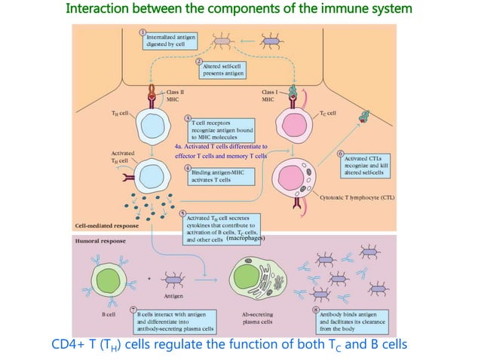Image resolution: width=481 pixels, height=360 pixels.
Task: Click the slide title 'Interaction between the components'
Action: click(x=239, y=10)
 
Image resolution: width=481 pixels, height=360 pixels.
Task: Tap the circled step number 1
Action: click(x=143, y=32)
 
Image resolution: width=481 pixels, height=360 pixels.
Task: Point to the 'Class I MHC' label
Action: click(x=271, y=94)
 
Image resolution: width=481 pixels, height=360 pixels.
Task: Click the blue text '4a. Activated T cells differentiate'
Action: click(x=220, y=151)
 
